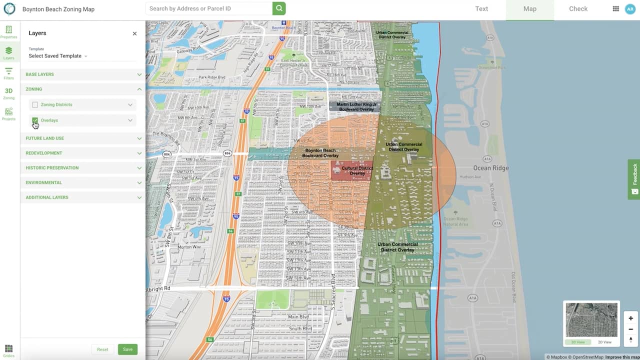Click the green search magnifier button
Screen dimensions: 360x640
coord(279,8)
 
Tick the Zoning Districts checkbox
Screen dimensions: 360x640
coord(35,105)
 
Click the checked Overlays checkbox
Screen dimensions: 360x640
coord(35,120)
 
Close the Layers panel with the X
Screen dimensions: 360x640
coord(134,33)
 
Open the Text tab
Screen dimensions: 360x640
coord(481,9)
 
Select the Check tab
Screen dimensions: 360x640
coord(578,9)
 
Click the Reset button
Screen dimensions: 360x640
coord(102,349)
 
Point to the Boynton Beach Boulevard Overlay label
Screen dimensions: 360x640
coord(320,153)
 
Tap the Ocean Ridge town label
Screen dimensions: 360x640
coord(491,168)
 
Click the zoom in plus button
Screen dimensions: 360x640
coord(630,318)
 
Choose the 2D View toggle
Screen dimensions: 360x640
coord(604,342)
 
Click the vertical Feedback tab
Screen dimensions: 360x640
coord(634,179)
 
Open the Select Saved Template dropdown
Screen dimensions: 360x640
coord(58,56)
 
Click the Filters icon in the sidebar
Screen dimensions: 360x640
coord(8,73)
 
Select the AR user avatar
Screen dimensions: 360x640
coord(630,9)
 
